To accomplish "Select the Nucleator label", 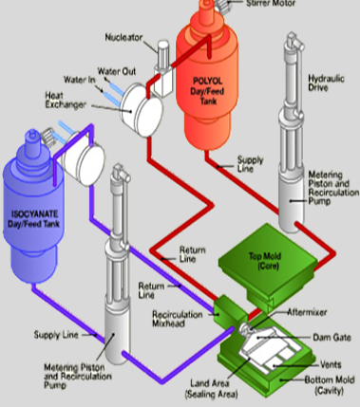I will point(123,38).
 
